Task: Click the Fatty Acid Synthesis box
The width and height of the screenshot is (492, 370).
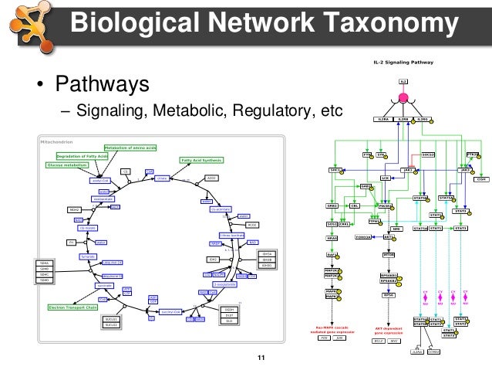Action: pos(201,160)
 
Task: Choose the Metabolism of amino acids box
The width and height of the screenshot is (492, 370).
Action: pos(131,147)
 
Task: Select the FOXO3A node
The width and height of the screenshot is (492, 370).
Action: pos(365,238)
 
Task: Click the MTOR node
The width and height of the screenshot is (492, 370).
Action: pos(389,253)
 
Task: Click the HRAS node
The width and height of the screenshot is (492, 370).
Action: pos(332,238)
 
